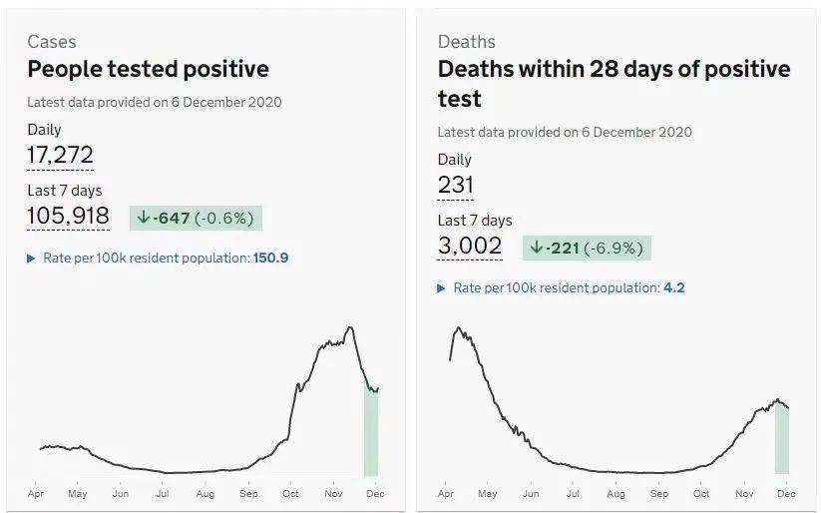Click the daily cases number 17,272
tap(60, 155)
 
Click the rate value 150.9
tap(270, 257)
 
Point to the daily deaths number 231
tap(455, 185)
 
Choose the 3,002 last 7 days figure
tap(470, 247)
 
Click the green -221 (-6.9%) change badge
tap(587, 248)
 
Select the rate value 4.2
tap(673, 287)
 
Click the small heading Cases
tap(52, 42)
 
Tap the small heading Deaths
tap(466, 42)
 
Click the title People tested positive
tap(148, 70)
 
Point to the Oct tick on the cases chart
tap(290, 493)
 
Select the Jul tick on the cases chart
tap(163, 493)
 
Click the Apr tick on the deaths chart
tap(446, 493)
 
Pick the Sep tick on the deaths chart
tap(658, 493)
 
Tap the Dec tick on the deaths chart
tap(786, 493)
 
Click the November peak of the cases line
tap(348, 327)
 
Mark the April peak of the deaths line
tap(458, 327)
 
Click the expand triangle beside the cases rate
tap(31, 258)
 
